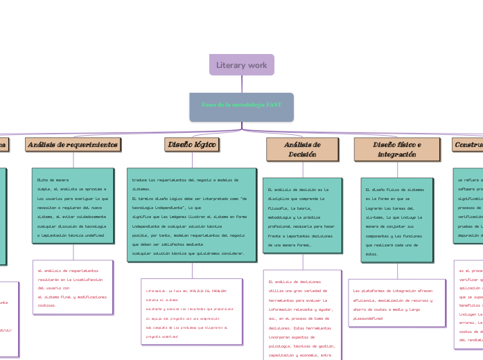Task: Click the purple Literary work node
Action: pyautogui.click(x=241, y=64)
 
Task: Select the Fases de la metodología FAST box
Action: pyautogui.click(x=242, y=105)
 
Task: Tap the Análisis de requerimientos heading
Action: pyautogui.click(x=73, y=144)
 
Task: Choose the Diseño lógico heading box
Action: pyautogui.click(x=191, y=144)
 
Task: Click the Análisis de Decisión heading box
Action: pyautogui.click(x=302, y=149)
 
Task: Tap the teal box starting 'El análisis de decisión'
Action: pyautogui.click(x=302, y=216)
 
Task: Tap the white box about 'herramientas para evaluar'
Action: pyautogui.click(x=302, y=315)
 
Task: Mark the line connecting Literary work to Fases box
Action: pyautogui.click(x=242, y=84)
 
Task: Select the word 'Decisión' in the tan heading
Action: pyautogui.click(x=302, y=154)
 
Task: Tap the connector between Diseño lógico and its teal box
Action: pyautogui.click(x=191, y=159)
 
